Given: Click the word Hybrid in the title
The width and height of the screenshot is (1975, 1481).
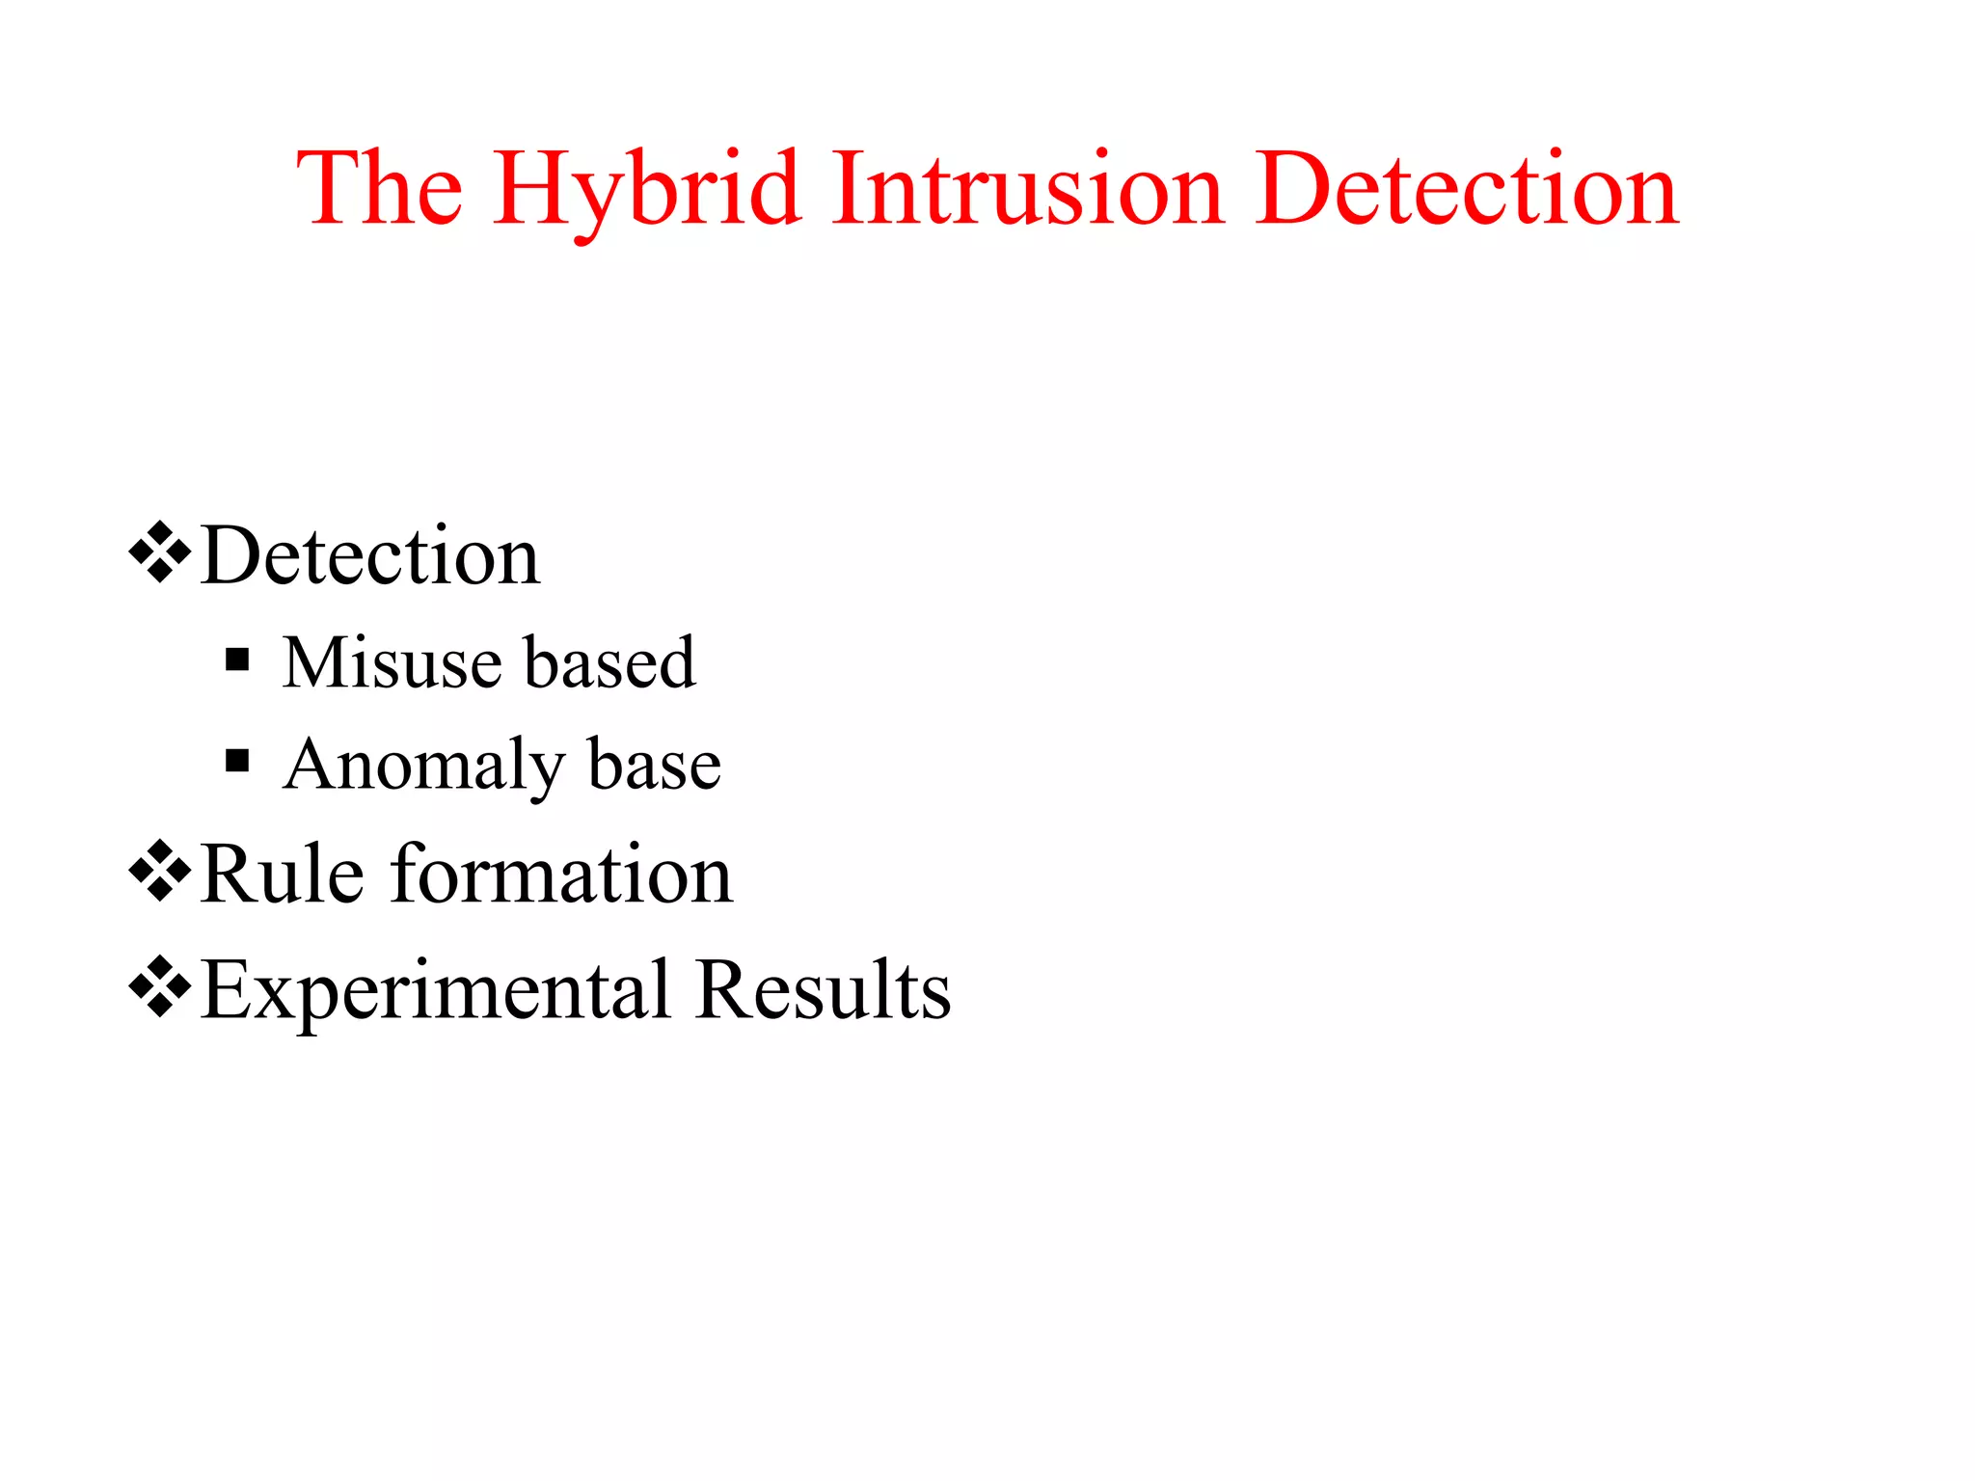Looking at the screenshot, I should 647,190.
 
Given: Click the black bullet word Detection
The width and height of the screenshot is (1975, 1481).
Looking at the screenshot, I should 370,556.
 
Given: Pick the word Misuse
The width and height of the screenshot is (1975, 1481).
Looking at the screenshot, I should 391,663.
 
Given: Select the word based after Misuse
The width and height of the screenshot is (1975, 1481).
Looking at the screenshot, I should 609,663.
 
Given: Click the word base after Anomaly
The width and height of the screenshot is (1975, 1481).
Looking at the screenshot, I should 654,765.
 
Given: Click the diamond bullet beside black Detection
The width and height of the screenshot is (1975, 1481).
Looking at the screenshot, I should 159,552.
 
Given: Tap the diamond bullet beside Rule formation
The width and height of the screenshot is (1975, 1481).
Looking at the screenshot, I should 159,871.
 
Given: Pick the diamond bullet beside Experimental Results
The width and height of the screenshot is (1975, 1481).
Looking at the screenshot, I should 159,986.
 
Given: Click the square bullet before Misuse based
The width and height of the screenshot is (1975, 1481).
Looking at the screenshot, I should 237,660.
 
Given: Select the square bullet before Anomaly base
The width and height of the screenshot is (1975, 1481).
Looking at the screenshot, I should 237,762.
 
